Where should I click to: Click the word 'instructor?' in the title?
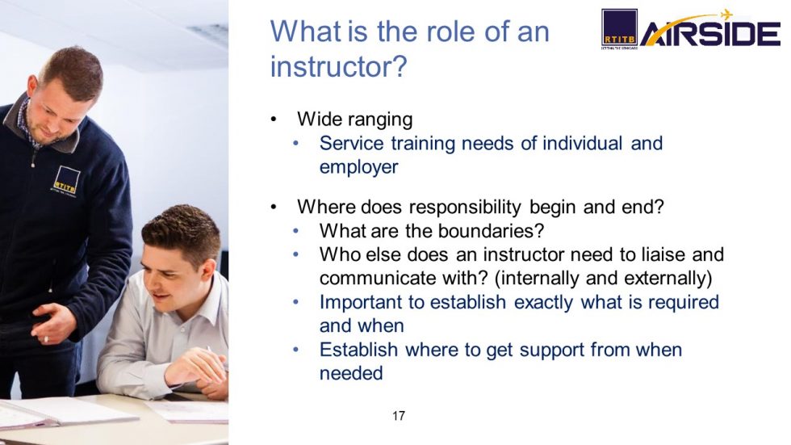[337, 67]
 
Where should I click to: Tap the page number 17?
[398, 416]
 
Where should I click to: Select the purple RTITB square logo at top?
[619, 27]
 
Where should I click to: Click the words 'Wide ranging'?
[354, 120]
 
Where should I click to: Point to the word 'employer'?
[358, 166]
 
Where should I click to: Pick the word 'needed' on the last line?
[350, 373]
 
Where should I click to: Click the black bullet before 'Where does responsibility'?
[274, 208]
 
